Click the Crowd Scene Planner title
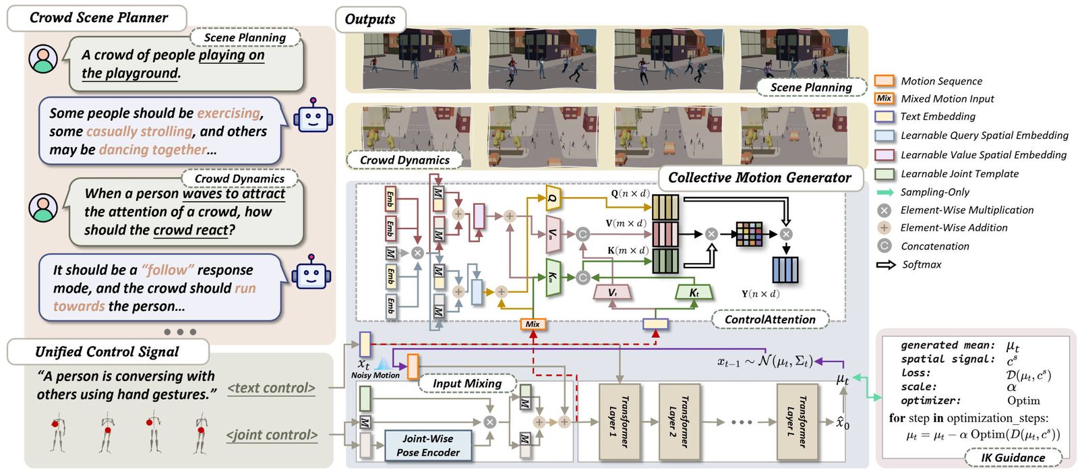98,18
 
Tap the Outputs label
370,19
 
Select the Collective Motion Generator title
759,178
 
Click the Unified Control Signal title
107,352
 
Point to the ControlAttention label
770,320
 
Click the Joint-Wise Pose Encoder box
428,446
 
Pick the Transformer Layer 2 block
678,421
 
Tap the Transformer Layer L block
796,421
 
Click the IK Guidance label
1013,458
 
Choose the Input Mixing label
467,384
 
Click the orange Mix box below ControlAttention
533,324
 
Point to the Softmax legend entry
922,264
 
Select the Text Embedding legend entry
938,117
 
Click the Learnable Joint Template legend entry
959,174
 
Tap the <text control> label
271,388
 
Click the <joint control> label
272,436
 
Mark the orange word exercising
228,113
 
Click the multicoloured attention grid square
748,234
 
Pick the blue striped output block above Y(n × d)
785,270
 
